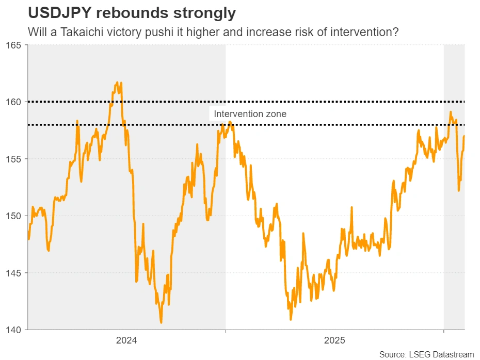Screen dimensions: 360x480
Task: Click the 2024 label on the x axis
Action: tap(126, 340)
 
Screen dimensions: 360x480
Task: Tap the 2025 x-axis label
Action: tap(334, 340)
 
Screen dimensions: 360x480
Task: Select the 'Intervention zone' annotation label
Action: tap(250, 114)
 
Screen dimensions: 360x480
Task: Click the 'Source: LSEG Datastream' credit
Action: tap(426, 354)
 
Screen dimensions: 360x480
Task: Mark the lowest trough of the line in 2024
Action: tap(162, 323)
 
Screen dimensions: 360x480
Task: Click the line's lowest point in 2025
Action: tap(291, 320)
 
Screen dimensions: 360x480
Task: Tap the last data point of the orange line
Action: tap(465, 136)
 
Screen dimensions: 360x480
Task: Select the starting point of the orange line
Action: tap(28, 232)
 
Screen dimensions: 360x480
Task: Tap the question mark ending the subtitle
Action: tap(396, 32)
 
